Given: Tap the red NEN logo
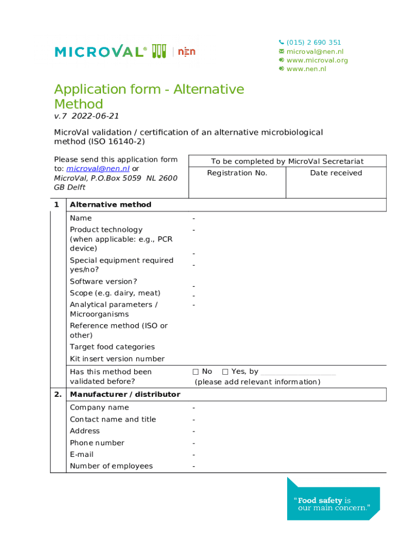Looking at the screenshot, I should (x=186, y=52).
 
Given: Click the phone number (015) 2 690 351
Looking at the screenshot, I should (x=313, y=43).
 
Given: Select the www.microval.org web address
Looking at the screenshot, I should (x=317, y=60).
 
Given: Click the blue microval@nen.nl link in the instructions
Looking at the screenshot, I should (x=98, y=169).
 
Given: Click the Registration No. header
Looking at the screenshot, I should (x=237, y=173).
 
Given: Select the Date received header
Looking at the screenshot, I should (x=336, y=173).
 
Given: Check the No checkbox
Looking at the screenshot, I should (x=196, y=372).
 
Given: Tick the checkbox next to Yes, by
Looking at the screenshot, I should (x=225, y=372).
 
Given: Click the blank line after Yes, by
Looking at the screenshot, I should (x=298, y=373).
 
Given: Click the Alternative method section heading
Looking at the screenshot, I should (x=110, y=205).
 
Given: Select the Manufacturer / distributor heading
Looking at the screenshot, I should (x=125, y=395).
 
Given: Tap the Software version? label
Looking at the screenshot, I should (x=103, y=282).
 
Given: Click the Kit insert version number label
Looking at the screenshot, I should (x=117, y=359).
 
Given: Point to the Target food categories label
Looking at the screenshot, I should (x=112, y=347).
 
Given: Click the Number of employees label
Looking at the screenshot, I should (x=111, y=466).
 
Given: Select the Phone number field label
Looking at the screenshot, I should (x=97, y=443).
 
